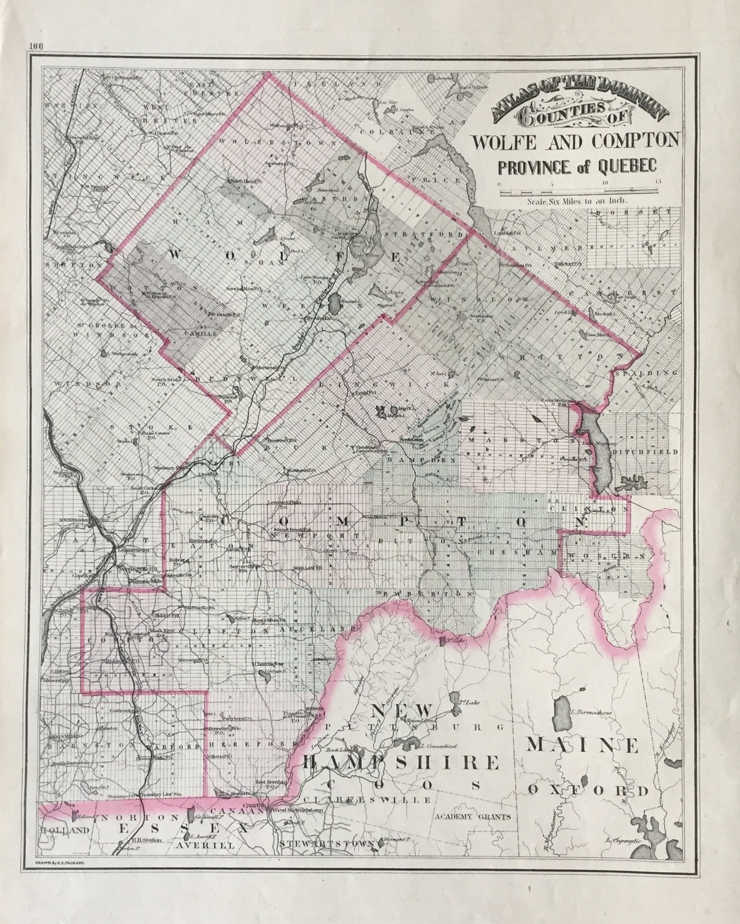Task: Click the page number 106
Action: (x=35, y=45)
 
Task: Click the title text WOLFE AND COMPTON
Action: (x=575, y=140)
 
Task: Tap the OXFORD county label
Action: (x=587, y=790)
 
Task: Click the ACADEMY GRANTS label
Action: (x=473, y=817)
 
